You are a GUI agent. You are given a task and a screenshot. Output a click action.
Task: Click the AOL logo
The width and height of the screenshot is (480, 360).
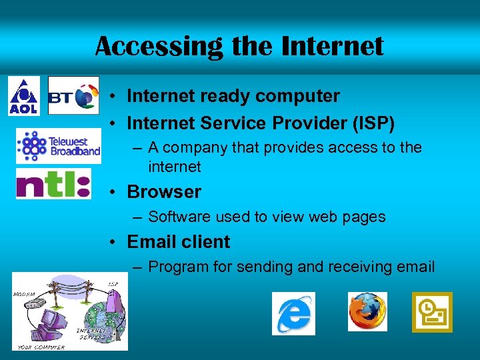coord(23,96)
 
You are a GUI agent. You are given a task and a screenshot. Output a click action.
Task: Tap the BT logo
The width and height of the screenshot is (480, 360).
coord(73,96)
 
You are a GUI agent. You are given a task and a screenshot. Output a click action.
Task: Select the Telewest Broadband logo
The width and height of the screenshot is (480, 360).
coord(59,146)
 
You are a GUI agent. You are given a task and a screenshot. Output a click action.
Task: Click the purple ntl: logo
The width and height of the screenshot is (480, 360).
coord(53,183)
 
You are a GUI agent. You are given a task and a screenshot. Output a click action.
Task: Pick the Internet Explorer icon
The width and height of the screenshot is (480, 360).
coord(293,313)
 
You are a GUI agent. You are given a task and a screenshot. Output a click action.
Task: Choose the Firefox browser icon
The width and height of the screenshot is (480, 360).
coord(367,311)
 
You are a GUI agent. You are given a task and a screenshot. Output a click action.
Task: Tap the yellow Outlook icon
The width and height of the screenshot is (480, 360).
coord(431,311)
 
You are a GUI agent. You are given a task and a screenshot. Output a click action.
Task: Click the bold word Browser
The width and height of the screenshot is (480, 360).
coord(164,192)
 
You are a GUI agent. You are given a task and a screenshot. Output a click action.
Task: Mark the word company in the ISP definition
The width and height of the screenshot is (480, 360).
coord(190,147)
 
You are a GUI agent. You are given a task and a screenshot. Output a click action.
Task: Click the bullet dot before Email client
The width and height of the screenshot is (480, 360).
coord(115,242)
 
